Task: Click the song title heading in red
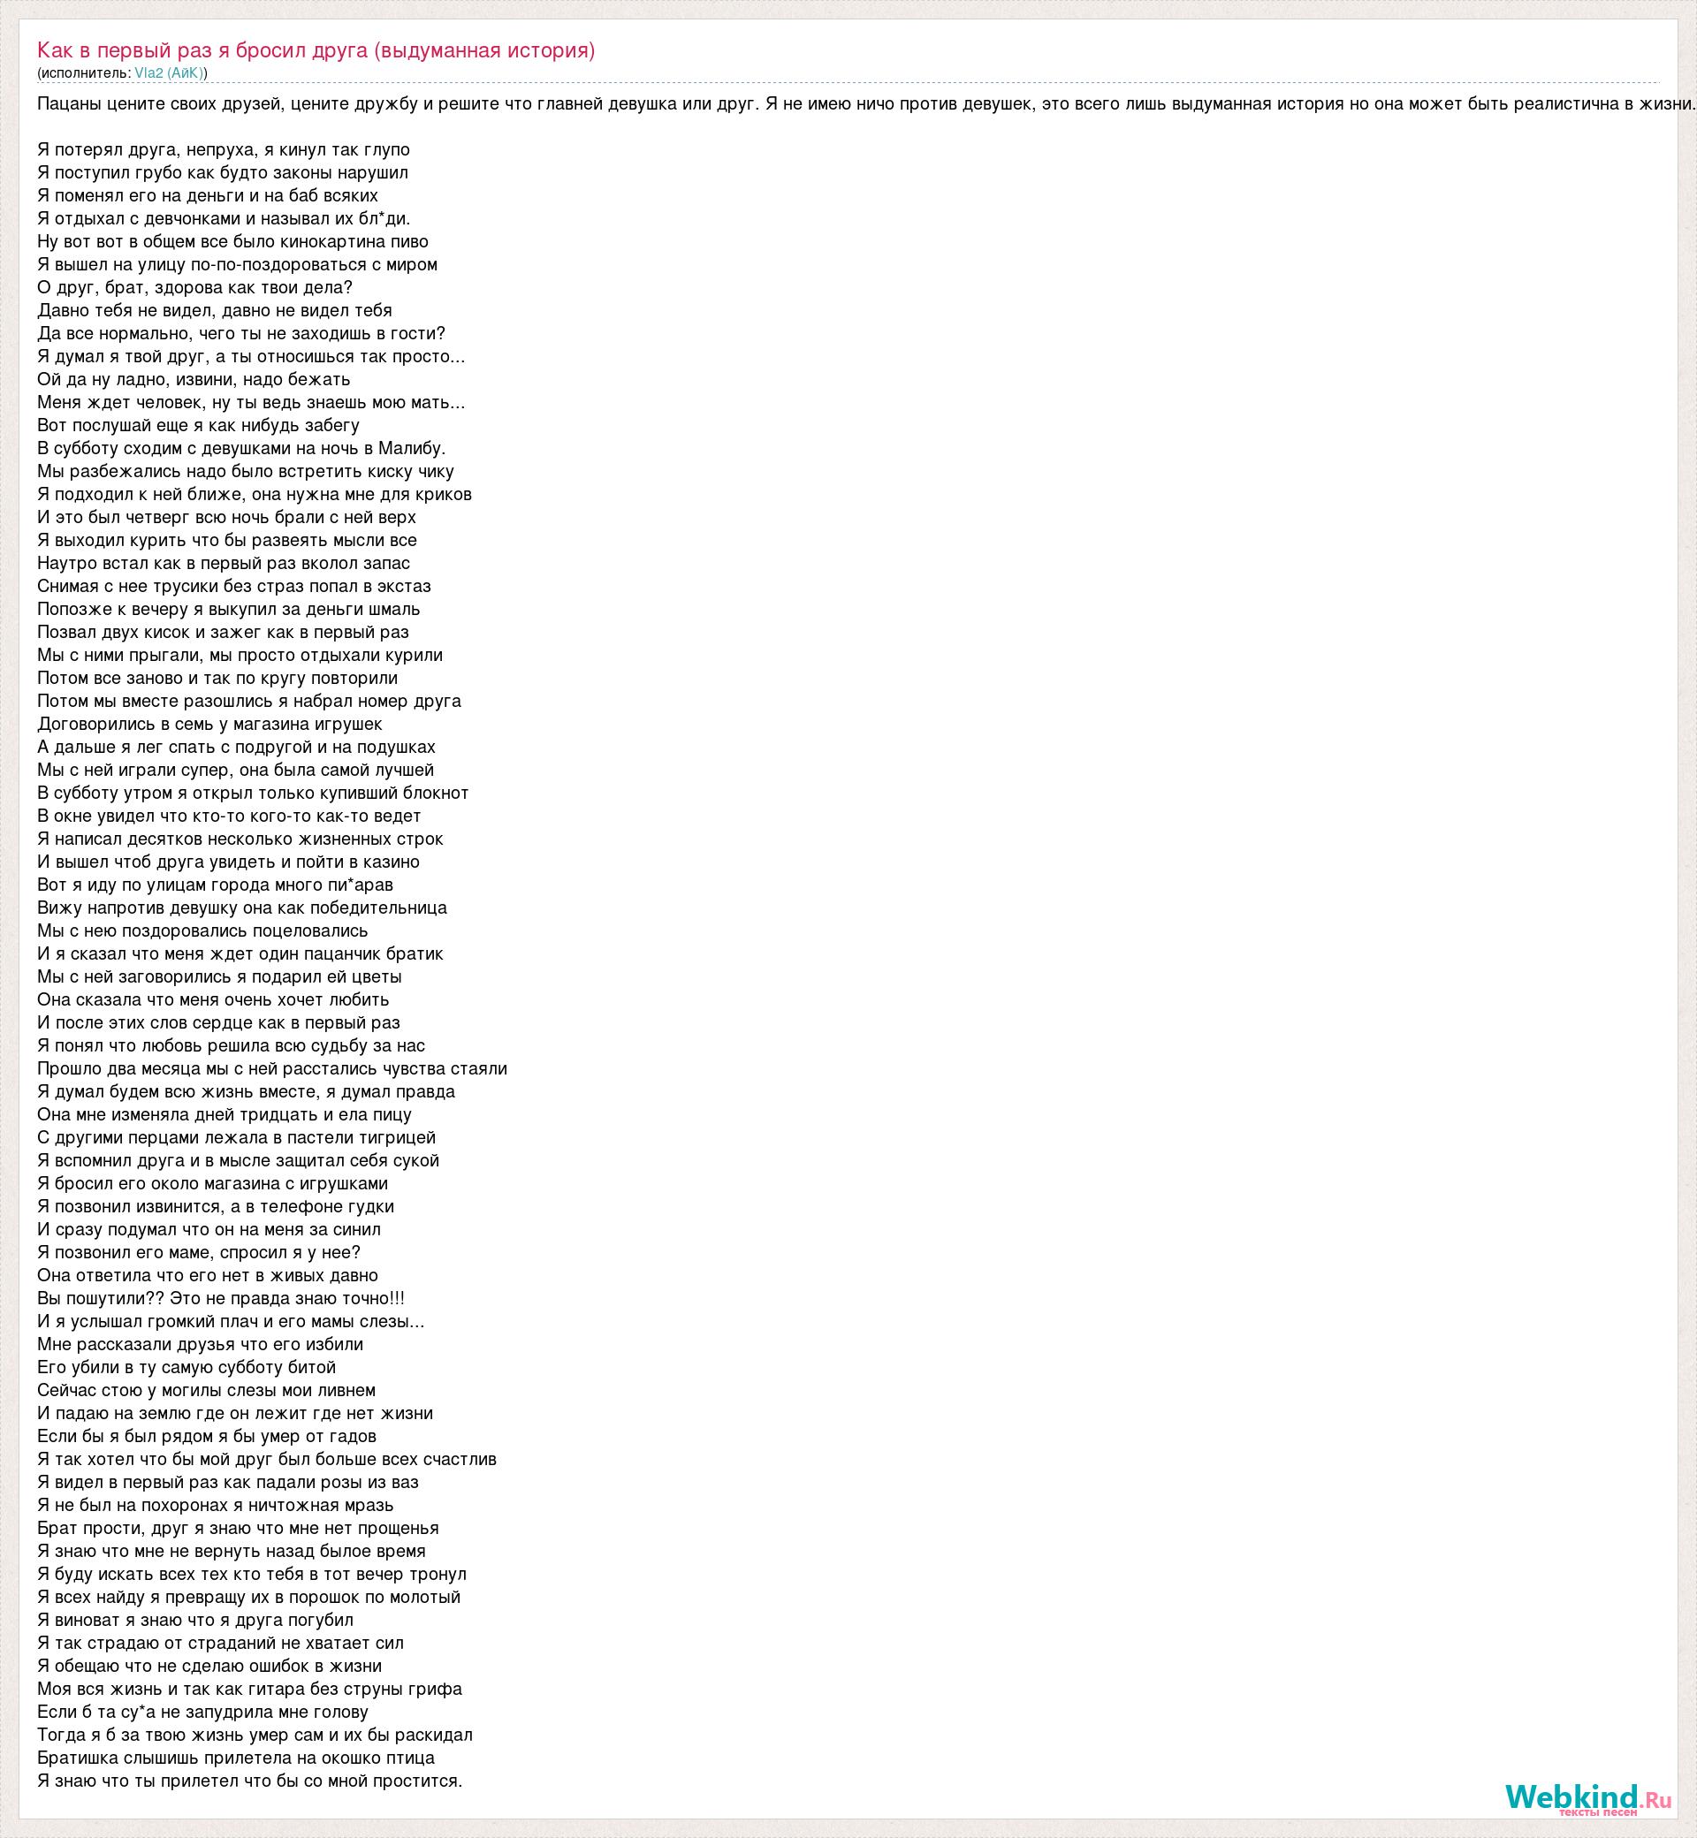pyautogui.click(x=316, y=50)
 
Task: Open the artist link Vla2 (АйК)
pyautogui.click(x=169, y=72)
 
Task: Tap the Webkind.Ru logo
pyautogui.click(x=1587, y=1796)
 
